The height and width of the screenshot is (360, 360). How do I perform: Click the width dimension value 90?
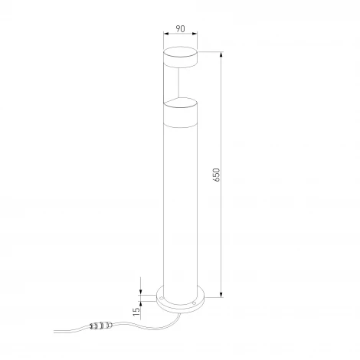180,30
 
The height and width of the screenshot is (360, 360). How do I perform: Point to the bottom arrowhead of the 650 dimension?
221,295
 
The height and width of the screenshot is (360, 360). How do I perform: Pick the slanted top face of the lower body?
180,100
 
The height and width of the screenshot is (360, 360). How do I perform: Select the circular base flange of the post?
180,299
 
